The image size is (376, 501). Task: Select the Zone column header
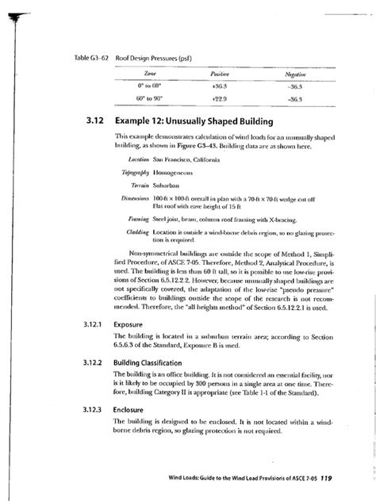tap(150, 71)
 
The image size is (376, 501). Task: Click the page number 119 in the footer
tap(342, 478)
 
